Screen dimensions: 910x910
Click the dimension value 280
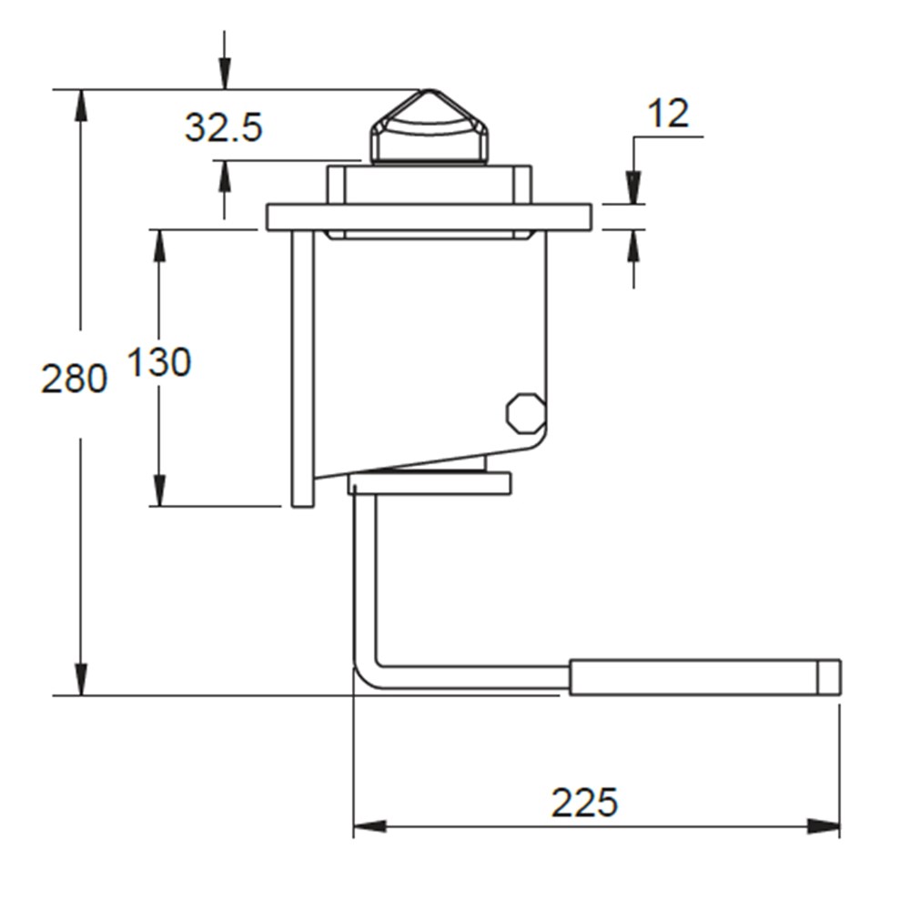(75, 378)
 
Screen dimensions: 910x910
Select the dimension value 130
(158, 363)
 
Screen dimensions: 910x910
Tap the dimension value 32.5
(223, 127)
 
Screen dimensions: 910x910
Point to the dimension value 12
(668, 114)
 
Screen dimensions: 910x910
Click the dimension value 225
(584, 803)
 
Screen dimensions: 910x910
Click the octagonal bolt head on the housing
(525, 412)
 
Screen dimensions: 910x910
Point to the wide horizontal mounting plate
(429, 217)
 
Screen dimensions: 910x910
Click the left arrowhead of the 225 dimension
(369, 826)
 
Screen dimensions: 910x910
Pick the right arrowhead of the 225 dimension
(824, 826)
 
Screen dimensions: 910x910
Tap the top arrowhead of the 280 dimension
(81, 105)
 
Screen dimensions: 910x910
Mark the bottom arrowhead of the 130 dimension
(159, 490)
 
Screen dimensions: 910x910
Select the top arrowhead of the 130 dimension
(159, 245)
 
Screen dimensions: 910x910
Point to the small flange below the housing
(430, 483)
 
